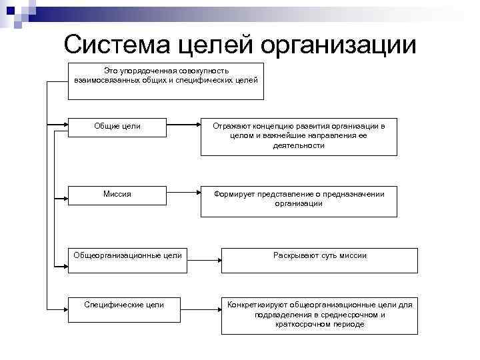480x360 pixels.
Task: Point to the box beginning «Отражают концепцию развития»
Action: [299, 137]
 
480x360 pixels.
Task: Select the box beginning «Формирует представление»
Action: [299, 201]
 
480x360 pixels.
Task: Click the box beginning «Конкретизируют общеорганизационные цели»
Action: [319, 314]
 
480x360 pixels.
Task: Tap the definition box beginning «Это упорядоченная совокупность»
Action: [167, 81]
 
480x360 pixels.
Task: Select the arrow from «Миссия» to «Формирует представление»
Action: [183, 194]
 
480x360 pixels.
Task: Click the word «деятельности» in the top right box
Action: [299, 145]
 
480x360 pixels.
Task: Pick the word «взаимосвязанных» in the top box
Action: [107, 80]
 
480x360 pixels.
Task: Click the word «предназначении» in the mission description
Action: [354, 194]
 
